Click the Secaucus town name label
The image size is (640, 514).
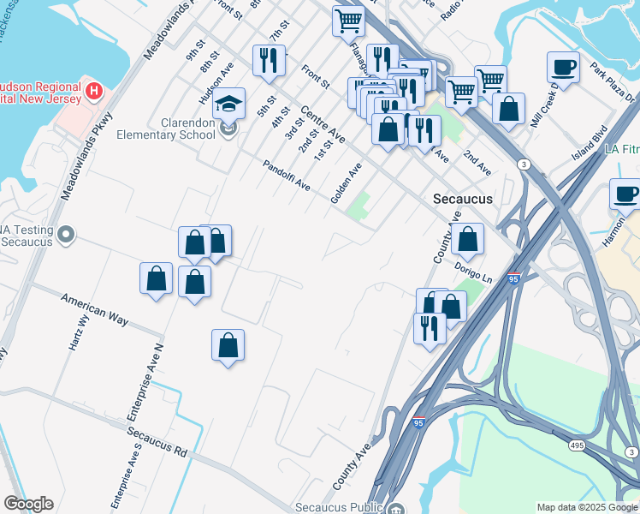463,198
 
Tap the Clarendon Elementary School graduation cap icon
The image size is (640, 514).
228,105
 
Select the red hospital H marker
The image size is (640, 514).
94,88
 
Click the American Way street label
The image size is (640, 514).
94,308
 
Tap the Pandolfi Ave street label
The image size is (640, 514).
287,176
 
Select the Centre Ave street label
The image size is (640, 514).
323,124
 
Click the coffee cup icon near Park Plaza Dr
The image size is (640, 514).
564,67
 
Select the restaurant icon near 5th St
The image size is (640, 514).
269,60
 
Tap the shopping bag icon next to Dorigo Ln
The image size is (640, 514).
468,240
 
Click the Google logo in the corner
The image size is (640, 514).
28,504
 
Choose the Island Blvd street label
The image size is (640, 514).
590,142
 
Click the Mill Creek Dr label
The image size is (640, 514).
544,106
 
